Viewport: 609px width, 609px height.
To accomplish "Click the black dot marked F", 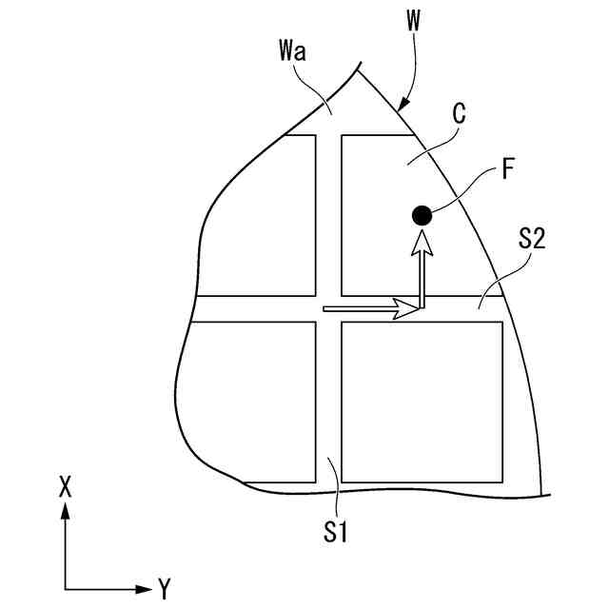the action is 422,216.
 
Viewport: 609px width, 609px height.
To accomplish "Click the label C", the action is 458,115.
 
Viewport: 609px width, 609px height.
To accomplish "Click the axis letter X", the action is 65,486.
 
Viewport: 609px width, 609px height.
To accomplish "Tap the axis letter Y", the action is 164,587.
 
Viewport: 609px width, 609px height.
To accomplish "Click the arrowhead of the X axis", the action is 65,511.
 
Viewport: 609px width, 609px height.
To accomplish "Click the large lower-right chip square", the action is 422,401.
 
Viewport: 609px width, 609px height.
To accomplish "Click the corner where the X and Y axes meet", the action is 65,589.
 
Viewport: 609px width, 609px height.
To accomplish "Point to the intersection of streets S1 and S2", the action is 328,308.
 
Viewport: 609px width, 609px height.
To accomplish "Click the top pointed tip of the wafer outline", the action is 360,65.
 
